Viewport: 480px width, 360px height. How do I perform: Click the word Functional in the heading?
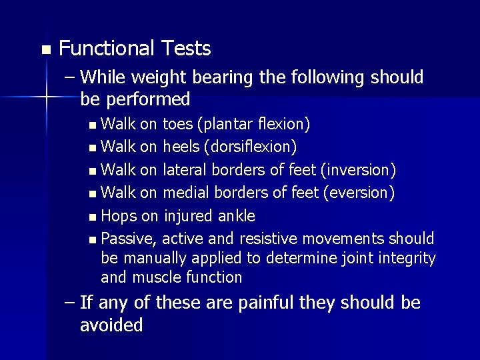(x=106, y=49)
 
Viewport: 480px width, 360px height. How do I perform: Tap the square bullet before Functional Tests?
(x=45, y=50)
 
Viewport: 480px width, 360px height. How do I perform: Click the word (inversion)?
(x=359, y=170)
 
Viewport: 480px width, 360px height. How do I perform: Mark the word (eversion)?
(x=358, y=193)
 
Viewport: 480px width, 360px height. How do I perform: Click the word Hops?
(x=119, y=216)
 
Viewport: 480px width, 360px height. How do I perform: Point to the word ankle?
(x=237, y=216)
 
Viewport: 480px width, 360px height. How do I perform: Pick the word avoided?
(x=111, y=325)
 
